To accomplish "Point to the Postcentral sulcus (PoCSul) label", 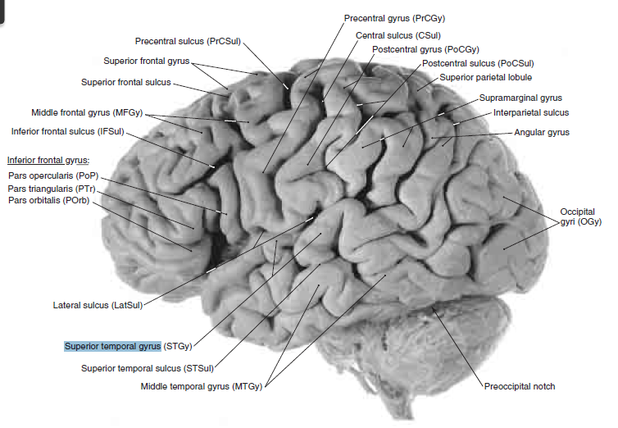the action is [x=478, y=63].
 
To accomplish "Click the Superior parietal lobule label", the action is [x=486, y=77].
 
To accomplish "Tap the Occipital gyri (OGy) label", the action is [x=580, y=216].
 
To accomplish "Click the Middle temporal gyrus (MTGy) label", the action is [x=201, y=385].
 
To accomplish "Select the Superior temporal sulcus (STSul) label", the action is [x=148, y=367].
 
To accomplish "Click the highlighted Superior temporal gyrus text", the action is [x=112, y=346].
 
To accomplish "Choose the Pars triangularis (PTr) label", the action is [x=51, y=189].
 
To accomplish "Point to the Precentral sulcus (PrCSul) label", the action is [x=189, y=41].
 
